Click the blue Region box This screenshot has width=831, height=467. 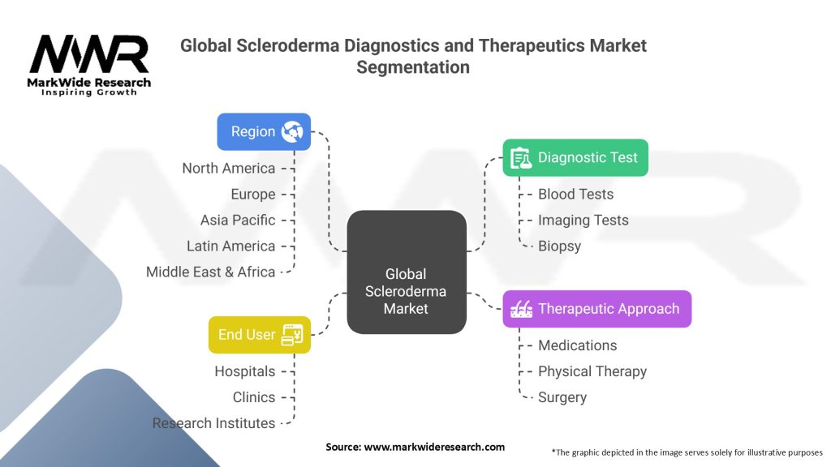264,131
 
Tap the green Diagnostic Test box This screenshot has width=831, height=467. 575,157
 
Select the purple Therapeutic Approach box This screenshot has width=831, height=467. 596,309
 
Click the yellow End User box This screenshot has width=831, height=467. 260,334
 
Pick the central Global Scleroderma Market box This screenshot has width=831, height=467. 406,272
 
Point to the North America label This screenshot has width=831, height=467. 229,168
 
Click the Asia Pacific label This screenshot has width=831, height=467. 238,220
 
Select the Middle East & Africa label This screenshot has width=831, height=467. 211,272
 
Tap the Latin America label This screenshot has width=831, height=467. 231,246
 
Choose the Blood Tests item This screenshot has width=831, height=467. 575,194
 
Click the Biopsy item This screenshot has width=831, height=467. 559,246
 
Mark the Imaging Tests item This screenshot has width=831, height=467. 583,220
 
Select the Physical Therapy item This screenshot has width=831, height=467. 592,371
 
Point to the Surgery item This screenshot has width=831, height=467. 562,397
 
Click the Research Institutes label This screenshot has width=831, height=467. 213,423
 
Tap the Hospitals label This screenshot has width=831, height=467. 244,371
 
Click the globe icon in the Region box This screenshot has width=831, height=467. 292,132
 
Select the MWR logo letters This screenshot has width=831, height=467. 89,55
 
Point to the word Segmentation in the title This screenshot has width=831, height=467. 413,67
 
